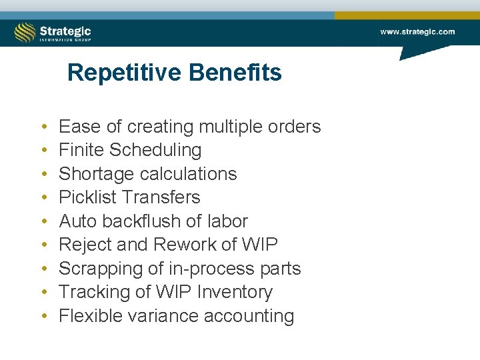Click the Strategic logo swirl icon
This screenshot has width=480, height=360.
(25, 32)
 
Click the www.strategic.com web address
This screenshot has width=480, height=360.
(417, 31)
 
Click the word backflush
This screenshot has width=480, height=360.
(139, 221)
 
